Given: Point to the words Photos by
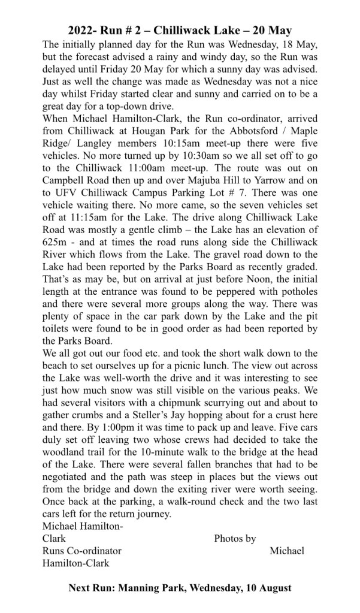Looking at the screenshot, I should click(x=235, y=538).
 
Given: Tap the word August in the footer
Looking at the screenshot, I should click(x=274, y=588).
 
